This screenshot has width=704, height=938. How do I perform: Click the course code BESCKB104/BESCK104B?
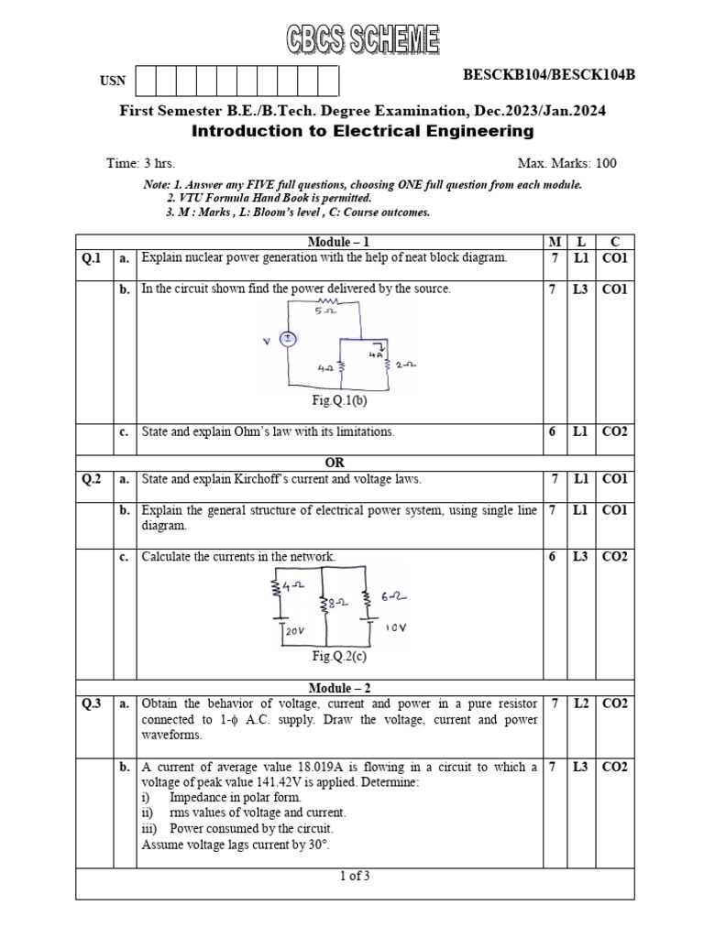point(549,75)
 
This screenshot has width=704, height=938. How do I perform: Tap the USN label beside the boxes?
point(111,82)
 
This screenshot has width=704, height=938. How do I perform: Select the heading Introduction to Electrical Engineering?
point(362,131)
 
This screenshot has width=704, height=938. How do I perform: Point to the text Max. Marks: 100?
point(567,164)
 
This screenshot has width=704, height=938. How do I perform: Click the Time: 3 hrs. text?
point(140,164)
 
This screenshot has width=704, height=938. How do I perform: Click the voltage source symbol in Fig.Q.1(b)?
point(287,339)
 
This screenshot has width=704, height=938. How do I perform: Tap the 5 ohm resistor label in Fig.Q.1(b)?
point(324,311)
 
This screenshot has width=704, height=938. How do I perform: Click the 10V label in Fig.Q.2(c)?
point(396,628)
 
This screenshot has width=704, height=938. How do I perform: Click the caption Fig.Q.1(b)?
point(339,399)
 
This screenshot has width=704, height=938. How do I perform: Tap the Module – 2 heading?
point(339,688)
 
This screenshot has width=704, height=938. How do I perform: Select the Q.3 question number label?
point(92,703)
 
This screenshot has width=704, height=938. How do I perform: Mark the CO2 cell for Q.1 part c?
point(614,431)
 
